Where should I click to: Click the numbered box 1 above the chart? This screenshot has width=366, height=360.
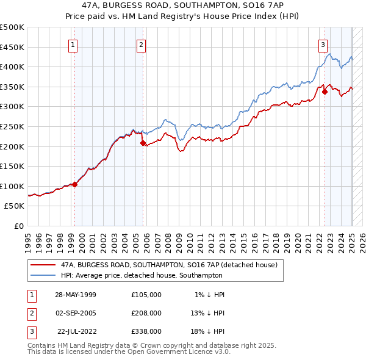click(x=73, y=44)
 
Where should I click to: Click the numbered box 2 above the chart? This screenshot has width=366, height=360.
click(x=141, y=44)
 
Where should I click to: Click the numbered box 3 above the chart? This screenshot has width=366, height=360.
click(x=323, y=44)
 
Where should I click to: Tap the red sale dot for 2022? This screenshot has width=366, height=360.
click(x=325, y=92)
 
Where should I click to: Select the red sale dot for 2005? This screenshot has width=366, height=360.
click(x=143, y=143)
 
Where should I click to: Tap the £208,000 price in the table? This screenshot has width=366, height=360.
click(x=146, y=313)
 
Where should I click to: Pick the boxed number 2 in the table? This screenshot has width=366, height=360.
click(x=30, y=313)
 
